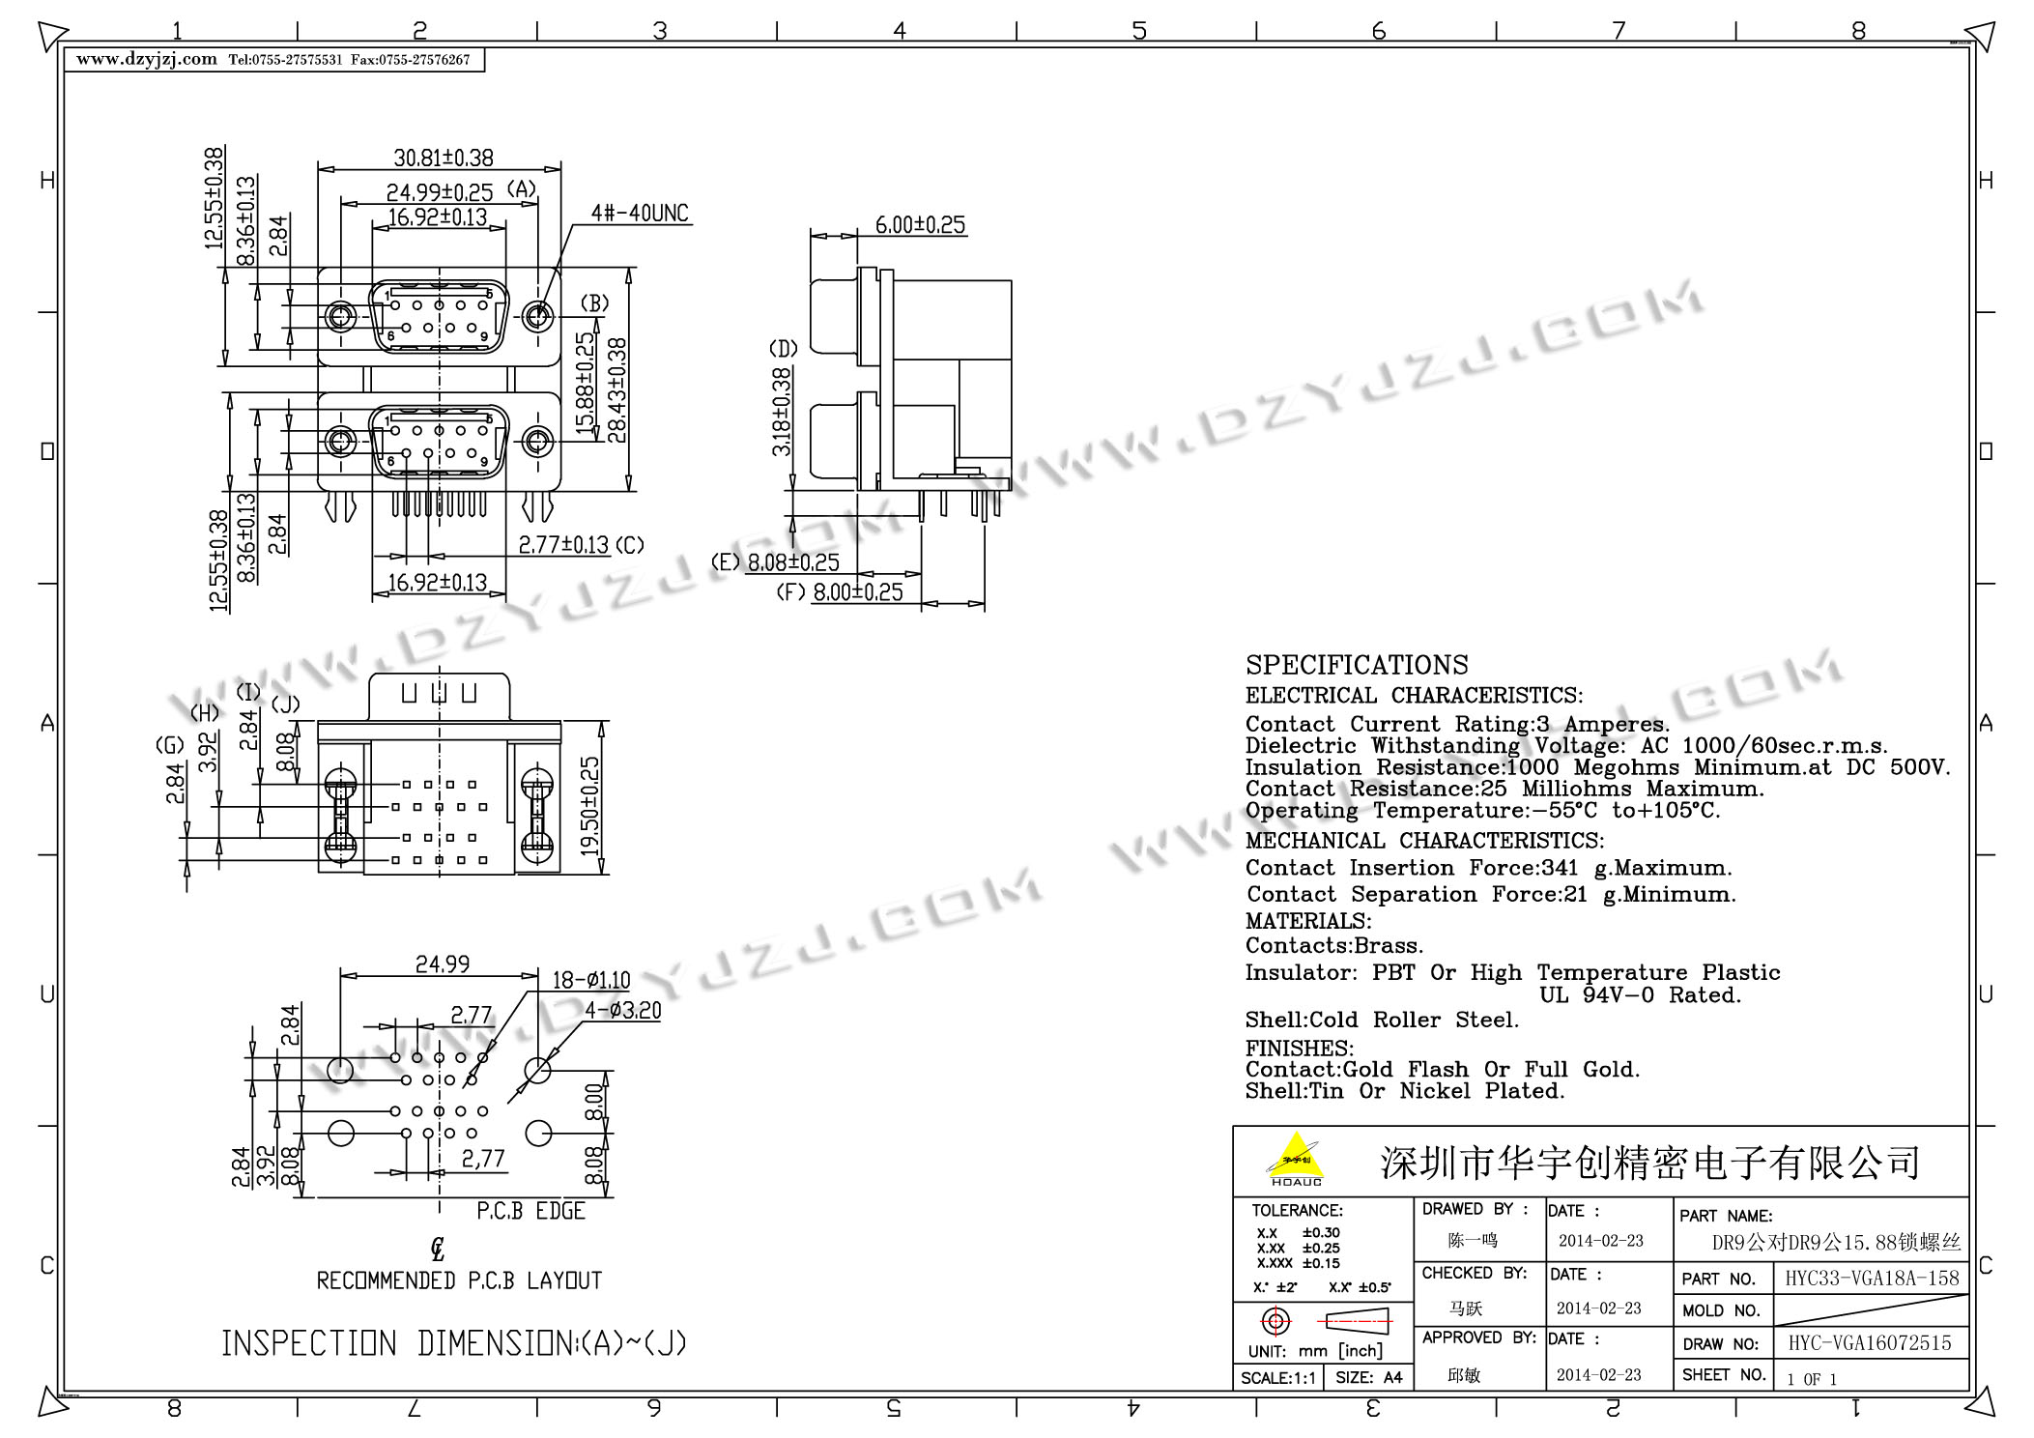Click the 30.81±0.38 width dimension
444,158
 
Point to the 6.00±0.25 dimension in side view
920,225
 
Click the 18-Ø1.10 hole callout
590,980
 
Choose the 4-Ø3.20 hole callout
622,1011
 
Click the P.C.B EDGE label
531,1211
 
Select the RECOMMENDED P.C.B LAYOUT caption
459,1280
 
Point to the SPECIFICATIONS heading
1357,665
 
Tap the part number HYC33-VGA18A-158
1872,1279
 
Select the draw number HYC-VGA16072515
1870,1343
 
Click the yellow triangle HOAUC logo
1296,1160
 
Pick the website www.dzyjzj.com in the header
147,60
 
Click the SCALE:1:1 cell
1277,1378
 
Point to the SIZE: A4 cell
1368,1378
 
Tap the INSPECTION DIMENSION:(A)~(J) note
454,1343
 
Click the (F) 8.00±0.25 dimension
840,592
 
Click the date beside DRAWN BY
1600,1241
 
